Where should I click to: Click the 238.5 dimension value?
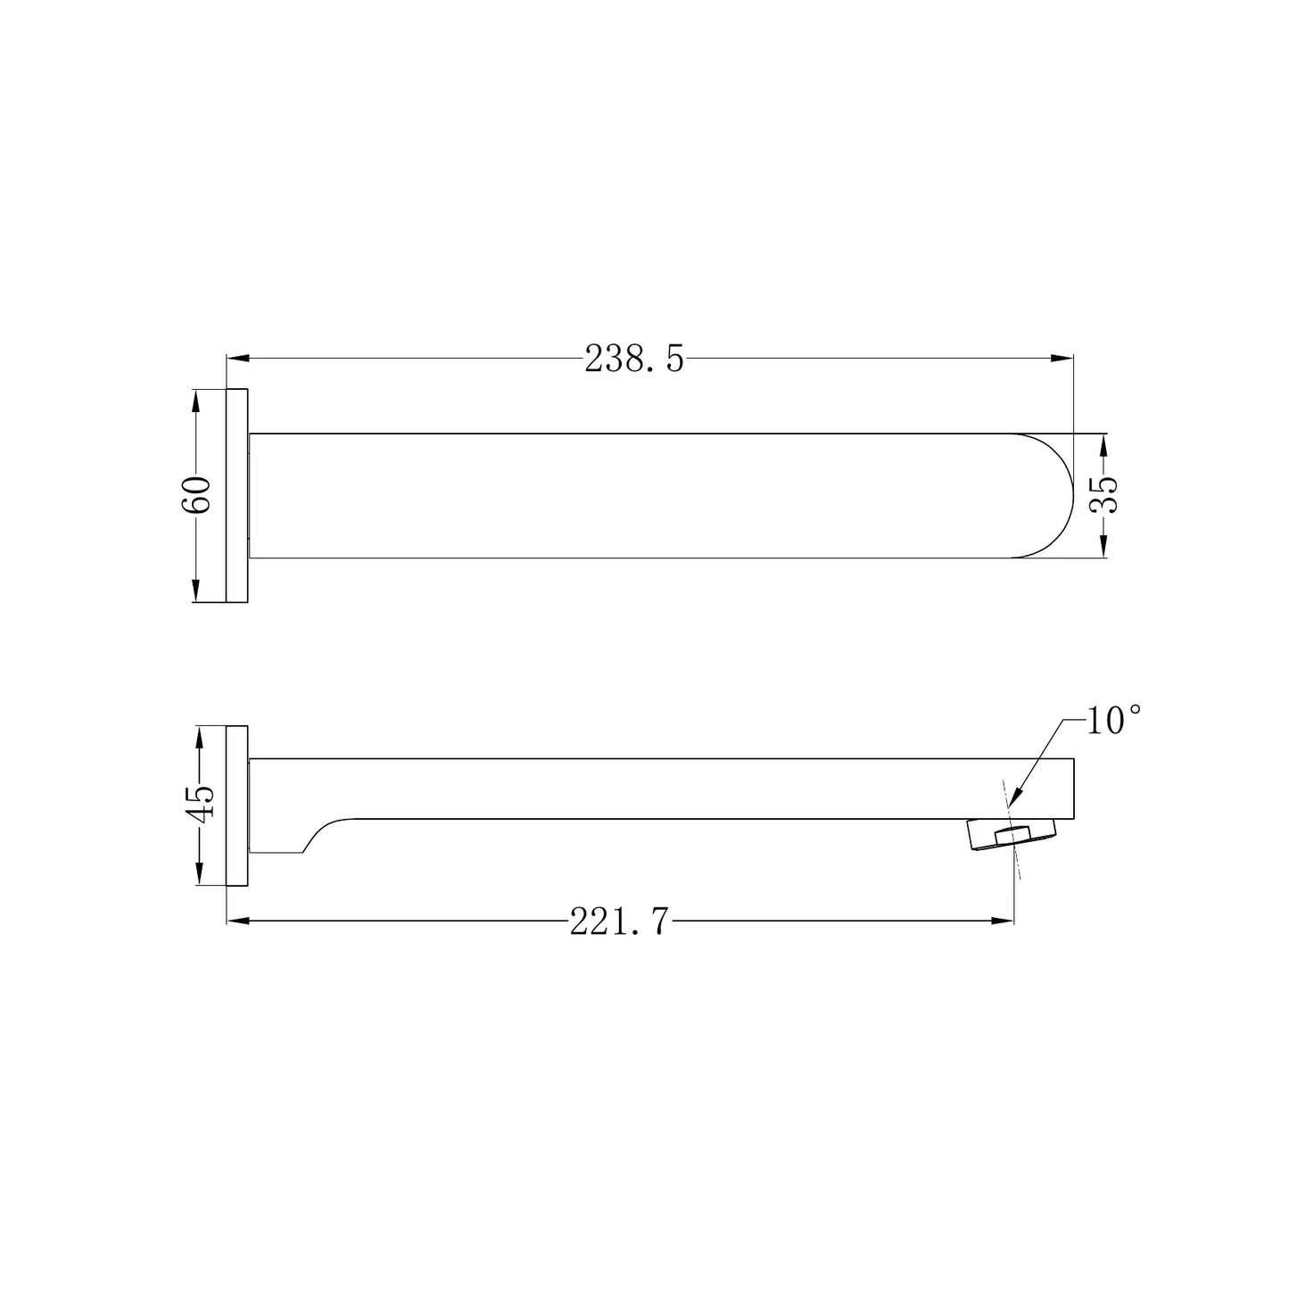634,359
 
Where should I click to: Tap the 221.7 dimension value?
619,921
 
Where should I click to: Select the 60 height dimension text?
196,495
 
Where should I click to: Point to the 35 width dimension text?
1103,494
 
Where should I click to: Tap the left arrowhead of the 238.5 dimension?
238,359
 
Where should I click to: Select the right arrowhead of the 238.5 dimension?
1062,359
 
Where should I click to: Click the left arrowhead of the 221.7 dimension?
238,921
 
